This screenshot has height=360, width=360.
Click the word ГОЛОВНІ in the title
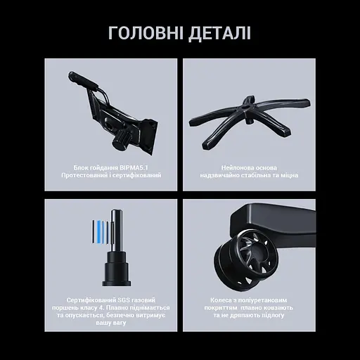point(146,33)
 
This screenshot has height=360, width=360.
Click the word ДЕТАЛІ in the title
point(219,34)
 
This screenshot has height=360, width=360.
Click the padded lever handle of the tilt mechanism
point(83,80)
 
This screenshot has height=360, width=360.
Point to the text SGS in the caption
point(124,300)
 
